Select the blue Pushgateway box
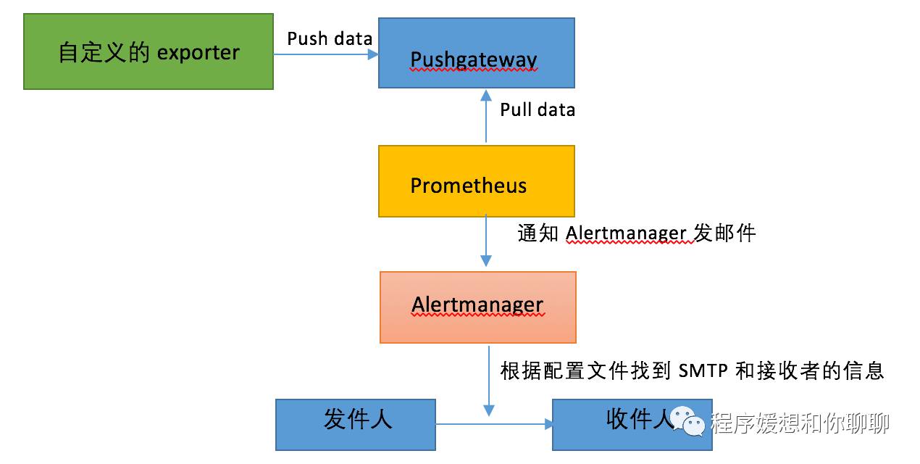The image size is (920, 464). (476, 53)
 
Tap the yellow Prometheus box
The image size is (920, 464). (476, 181)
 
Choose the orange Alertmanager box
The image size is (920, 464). (477, 307)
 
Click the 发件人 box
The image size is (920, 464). (355, 424)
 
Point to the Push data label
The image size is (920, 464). (330, 38)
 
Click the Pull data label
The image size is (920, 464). (538, 109)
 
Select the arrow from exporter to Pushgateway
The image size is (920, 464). (325, 54)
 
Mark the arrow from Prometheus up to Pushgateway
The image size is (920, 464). (486, 116)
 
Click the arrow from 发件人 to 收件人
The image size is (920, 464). (493, 424)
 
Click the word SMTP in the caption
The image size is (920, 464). (703, 370)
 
